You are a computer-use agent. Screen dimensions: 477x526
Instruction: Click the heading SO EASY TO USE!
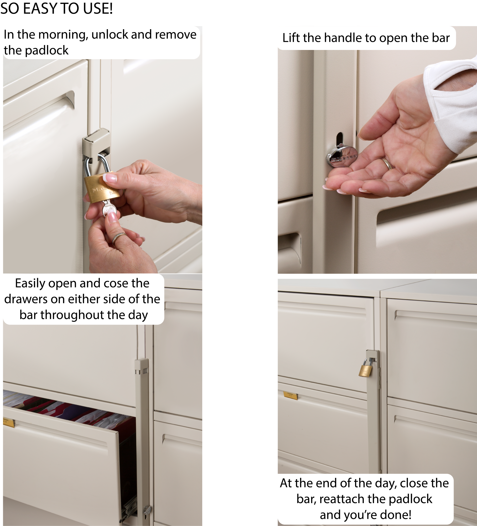pyautogui.click(x=56, y=8)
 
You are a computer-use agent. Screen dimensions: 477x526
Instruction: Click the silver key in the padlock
pyautogui.click(x=109, y=208)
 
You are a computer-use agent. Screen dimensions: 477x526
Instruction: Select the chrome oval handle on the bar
pyautogui.click(x=342, y=157)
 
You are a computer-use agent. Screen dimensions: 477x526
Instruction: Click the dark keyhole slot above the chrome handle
pyautogui.click(x=340, y=139)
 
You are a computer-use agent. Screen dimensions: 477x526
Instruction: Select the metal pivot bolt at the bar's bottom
pyautogui.click(x=147, y=510)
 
